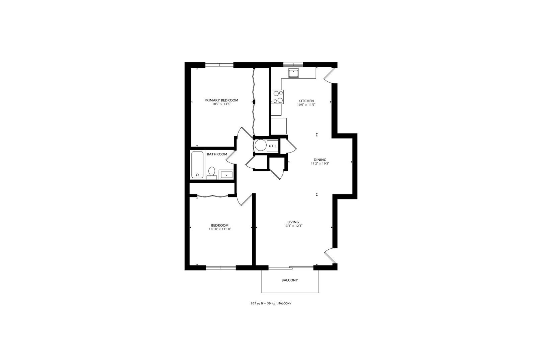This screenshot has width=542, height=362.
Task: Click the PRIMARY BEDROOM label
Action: pos(221,100)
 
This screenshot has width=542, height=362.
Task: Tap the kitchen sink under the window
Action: pos(294,73)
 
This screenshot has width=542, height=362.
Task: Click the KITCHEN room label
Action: pos(306,101)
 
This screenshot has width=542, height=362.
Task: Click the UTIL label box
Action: pos(273,146)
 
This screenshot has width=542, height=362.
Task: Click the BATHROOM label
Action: pos(217,154)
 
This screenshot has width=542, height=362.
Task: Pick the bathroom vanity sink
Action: pos(226,175)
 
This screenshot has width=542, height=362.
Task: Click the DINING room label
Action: pos(320,160)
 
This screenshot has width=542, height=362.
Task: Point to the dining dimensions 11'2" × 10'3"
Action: pos(320,164)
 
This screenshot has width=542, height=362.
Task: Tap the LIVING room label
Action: pos(293,222)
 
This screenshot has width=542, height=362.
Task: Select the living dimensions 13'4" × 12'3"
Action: pos(293,226)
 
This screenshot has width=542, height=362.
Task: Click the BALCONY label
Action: pos(290,280)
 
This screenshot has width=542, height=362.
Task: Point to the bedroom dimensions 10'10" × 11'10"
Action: pos(220,229)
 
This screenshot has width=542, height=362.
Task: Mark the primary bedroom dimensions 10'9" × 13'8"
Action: pos(221,104)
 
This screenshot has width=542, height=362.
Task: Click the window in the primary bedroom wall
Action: pos(219,65)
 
